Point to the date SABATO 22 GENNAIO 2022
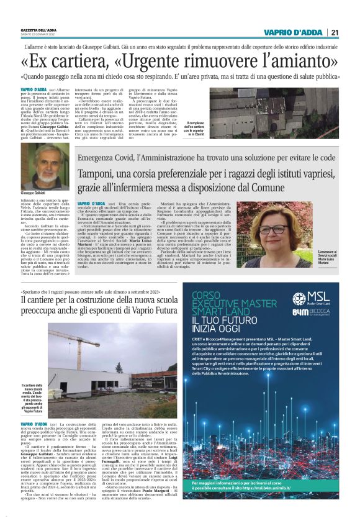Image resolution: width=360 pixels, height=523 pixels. click(38, 34)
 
